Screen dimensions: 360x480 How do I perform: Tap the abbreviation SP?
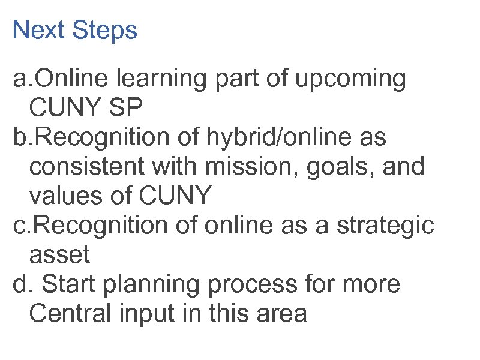(127, 109)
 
